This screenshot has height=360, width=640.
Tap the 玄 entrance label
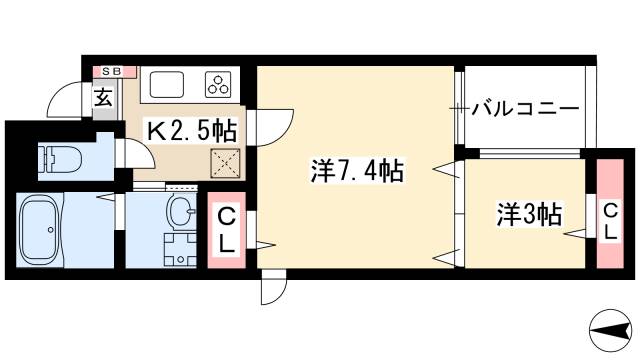point(104,97)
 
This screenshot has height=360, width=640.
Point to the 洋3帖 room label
point(529,213)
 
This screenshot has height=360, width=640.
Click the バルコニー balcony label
point(525,107)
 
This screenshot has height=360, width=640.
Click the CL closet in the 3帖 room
point(608,220)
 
